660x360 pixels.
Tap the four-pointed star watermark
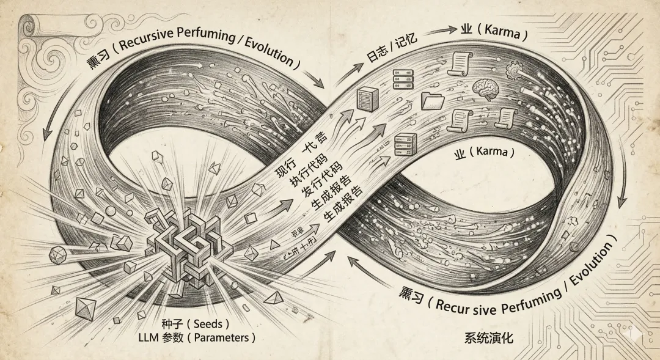(638, 333)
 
